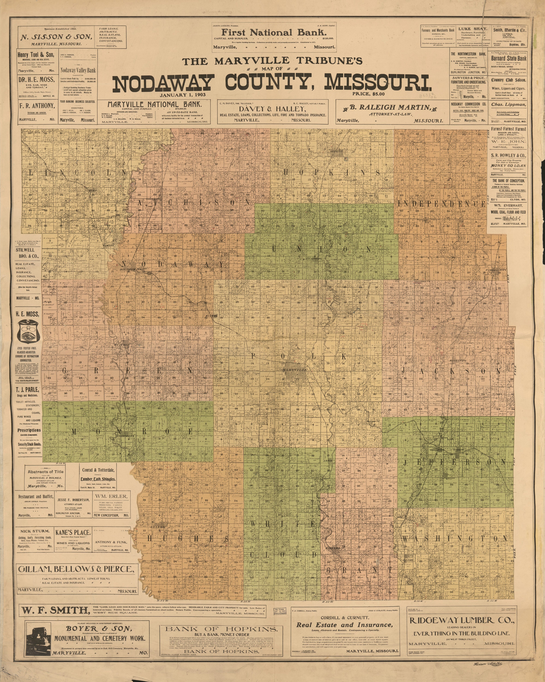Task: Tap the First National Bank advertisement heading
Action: click(x=274, y=32)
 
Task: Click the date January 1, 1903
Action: click(x=183, y=94)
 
